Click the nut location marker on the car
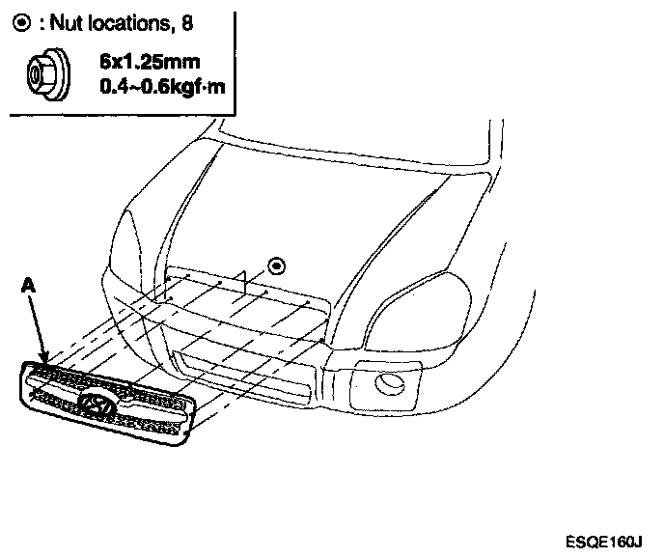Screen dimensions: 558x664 click(x=277, y=265)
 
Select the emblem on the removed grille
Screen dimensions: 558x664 click(x=97, y=407)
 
